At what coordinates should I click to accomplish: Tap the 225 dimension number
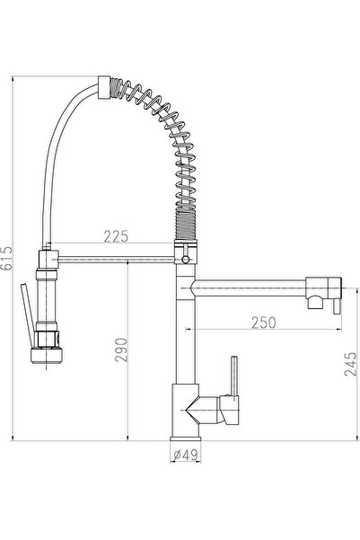[115, 236]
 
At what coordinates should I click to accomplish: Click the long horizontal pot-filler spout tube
[251, 289]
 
